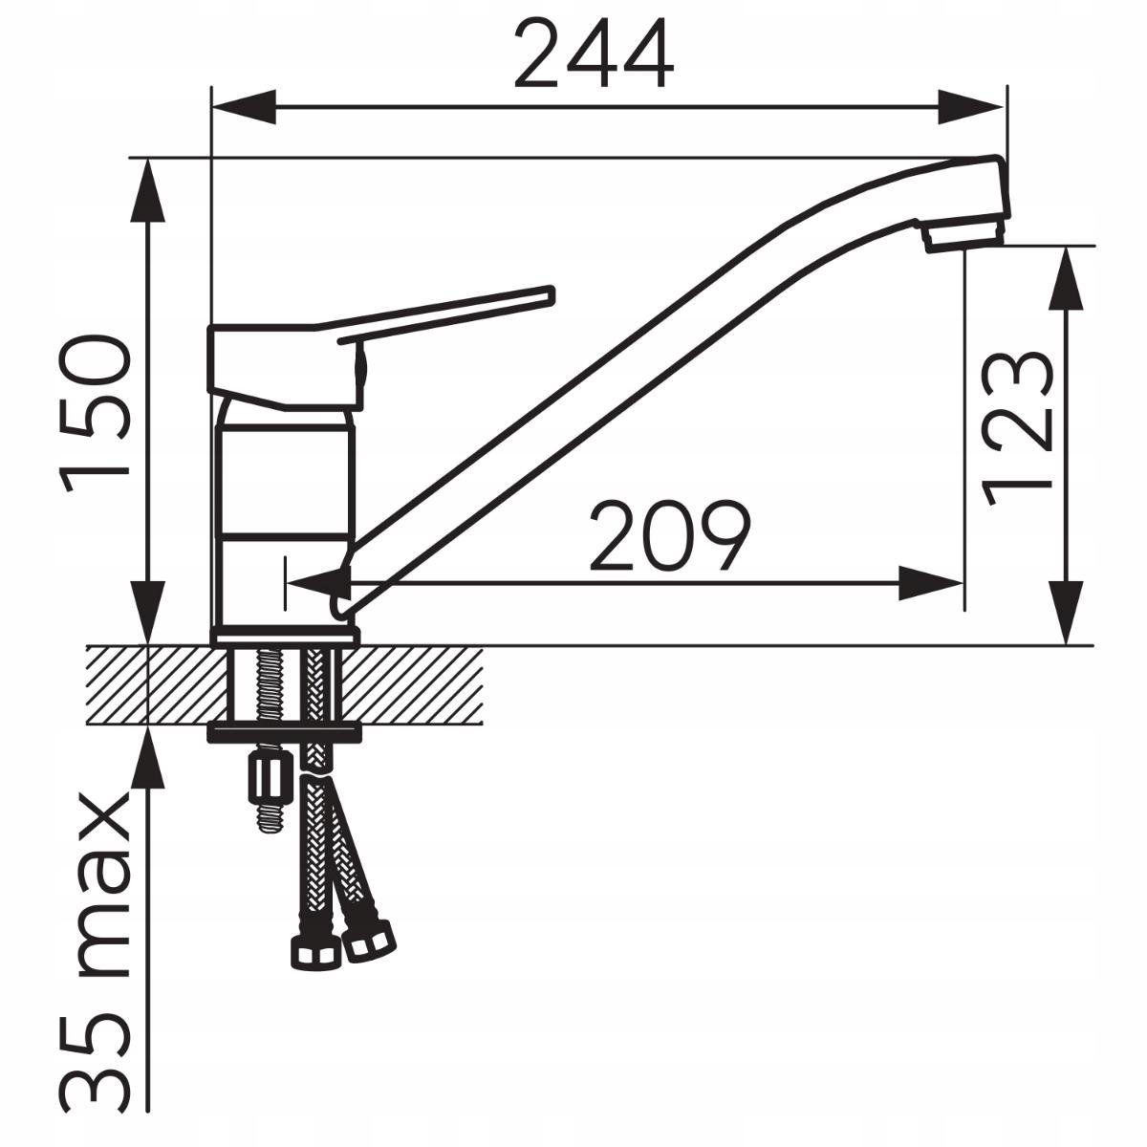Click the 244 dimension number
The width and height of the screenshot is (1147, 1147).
pos(594,54)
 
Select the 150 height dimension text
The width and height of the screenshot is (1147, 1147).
pos(94,413)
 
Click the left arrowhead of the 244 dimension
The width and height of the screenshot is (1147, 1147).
pos(244,108)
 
